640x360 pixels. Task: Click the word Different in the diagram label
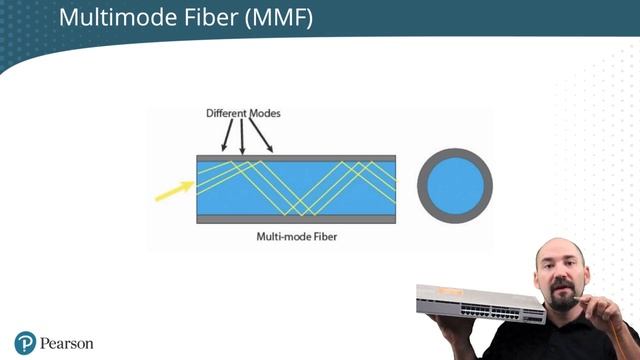tap(227, 113)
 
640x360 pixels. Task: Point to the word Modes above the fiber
tap(265, 113)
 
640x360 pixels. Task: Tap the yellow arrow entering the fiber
tap(174, 190)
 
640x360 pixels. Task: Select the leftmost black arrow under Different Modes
tap(226, 136)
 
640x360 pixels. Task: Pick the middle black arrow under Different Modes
tap(242, 137)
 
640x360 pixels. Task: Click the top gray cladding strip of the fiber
tap(296, 158)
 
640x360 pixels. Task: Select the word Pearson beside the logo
tap(67, 343)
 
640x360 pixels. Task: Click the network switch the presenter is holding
tap(480, 304)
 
